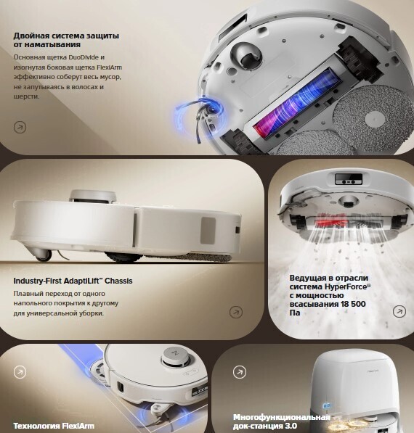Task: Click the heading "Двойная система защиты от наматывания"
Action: [66, 40]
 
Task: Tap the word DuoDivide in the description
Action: [84, 57]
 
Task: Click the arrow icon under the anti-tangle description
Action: [20, 128]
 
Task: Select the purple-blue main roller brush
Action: [296, 102]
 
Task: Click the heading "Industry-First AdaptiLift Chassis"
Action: [73, 281]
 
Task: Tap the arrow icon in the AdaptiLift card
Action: [236, 312]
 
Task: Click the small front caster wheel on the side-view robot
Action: [44, 255]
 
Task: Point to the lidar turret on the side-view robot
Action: [93, 196]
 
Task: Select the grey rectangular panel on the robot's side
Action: [208, 231]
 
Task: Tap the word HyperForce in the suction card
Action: [346, 286]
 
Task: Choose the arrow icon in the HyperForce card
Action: [399, 311]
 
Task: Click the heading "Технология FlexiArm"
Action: [54, 426]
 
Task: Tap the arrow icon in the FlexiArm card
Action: [20, 372]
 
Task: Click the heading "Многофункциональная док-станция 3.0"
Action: [282, 421]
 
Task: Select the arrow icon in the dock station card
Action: [240, 372]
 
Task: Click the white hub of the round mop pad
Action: [375, 120]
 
